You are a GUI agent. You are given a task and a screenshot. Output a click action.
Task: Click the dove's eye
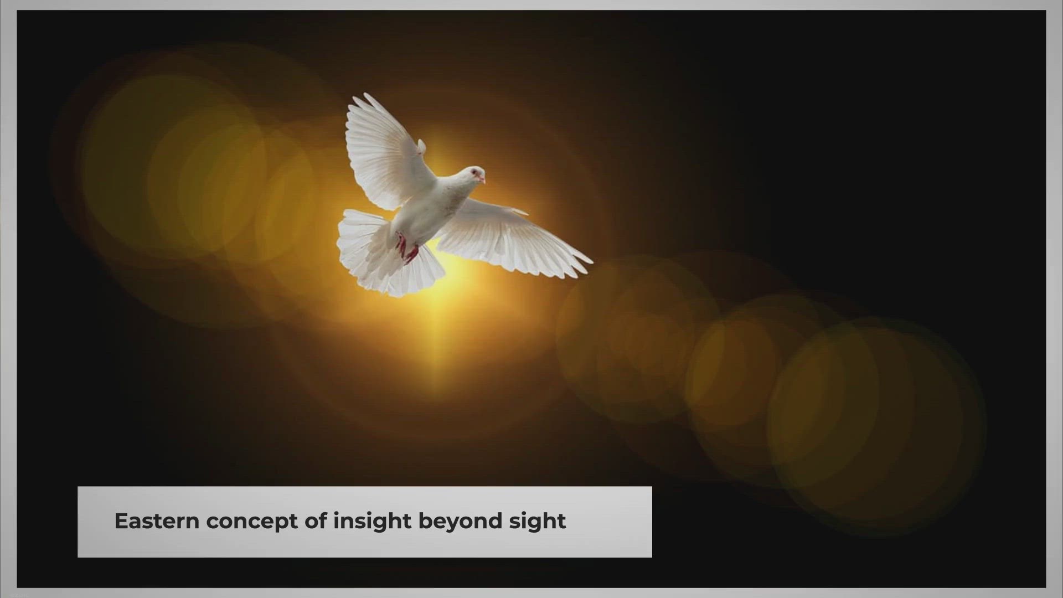pos(474,173)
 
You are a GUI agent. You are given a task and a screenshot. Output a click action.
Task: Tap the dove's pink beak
pos(482,179)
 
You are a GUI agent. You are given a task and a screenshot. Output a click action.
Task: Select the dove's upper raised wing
pos(385,152)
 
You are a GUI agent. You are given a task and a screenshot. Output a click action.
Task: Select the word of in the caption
pos(316,521)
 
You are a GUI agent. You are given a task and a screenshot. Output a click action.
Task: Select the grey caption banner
pos(365,522)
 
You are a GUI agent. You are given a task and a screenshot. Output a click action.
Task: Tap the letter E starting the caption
pos(121,522)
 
